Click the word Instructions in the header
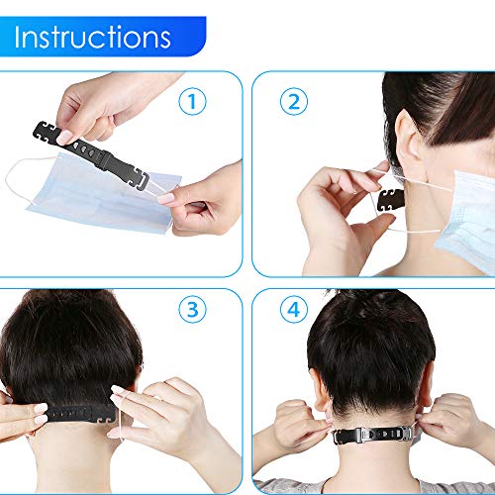click(94, 39)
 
